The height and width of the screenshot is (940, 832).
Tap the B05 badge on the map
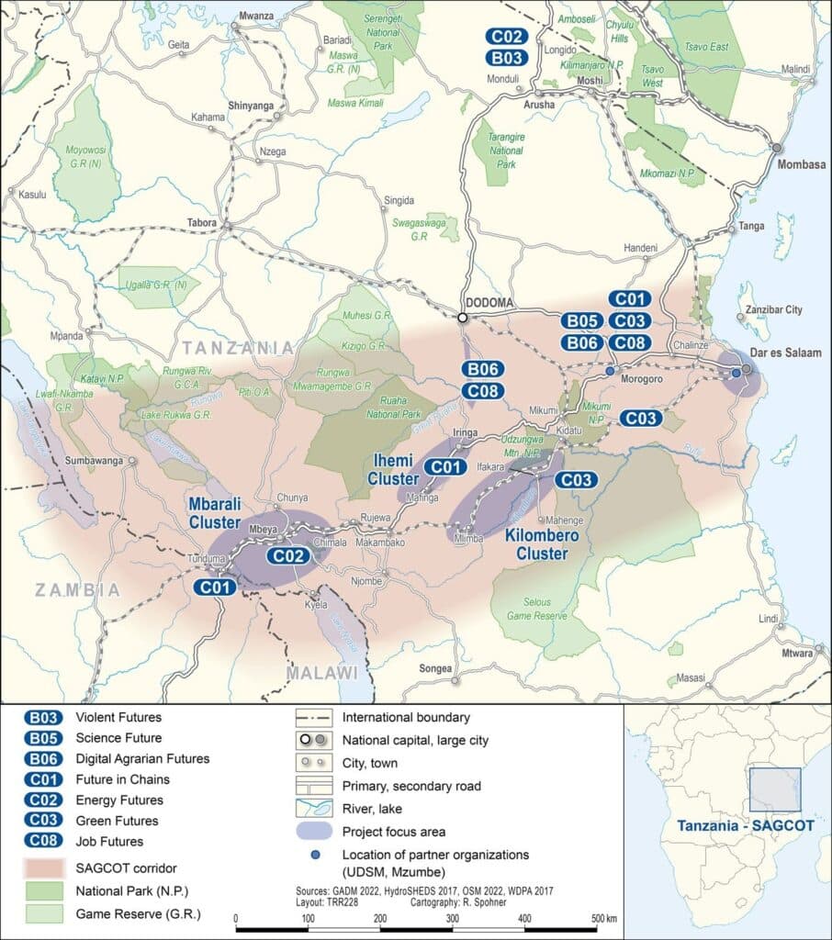(583, 321)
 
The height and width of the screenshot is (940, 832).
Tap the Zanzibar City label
(773, 310)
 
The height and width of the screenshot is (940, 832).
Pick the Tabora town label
(200, 222)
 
